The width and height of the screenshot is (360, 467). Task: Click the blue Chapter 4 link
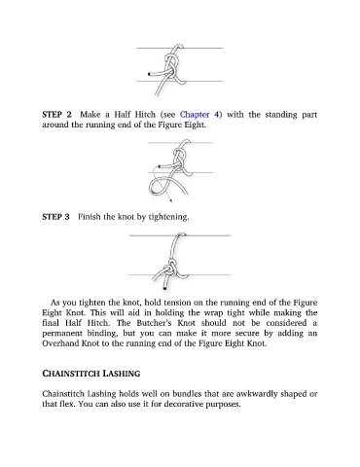click(x=199, y=115)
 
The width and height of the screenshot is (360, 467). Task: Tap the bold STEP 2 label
click(x=56, y=115)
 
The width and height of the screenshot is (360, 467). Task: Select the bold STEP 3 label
click(x=55, y=217)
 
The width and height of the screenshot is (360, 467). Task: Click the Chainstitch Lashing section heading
click(x=91, y=374)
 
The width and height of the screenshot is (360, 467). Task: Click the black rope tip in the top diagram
click(x=149, y=74)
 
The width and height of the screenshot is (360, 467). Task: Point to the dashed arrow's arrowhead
click(x=170, y=200)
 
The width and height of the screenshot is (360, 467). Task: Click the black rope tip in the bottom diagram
click(x=165, y=288)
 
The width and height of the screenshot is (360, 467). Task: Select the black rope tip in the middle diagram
click(x=160, y=166)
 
